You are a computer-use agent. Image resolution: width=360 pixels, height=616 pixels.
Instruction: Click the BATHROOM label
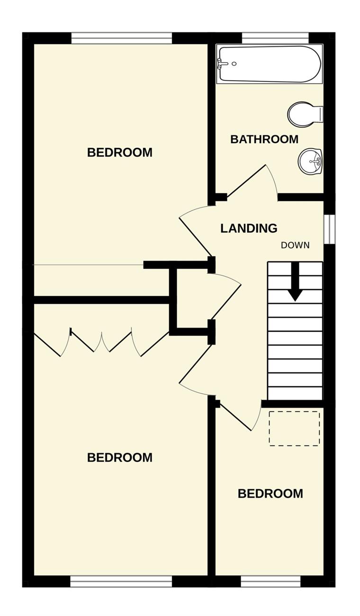tap(264, 139)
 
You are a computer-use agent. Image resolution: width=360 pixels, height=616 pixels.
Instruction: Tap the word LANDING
tap(249, 228)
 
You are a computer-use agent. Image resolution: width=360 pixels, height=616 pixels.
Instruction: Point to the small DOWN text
tap(295, 245)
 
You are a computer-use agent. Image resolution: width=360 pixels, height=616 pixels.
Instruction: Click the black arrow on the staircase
tap(295, 281)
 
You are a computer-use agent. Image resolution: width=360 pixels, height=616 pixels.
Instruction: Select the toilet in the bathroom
tap(306, 114)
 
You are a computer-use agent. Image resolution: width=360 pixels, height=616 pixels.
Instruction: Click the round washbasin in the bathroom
tap(310, 161)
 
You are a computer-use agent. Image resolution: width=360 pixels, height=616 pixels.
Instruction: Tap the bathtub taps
tap(222, 63)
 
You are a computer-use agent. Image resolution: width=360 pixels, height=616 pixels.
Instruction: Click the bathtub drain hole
tap(234, 63)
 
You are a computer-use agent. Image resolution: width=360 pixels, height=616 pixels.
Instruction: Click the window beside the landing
tap(330, 229)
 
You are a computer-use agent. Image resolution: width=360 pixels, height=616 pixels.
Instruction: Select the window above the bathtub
tap(275, 38)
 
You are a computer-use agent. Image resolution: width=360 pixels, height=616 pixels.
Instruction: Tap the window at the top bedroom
tap(122, 38)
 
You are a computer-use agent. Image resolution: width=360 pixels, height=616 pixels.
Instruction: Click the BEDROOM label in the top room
tap(120, 153)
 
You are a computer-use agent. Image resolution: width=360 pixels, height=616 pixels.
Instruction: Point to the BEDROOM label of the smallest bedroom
tap(270, 494)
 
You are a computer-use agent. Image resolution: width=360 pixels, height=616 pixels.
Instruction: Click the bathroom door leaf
tap(246, 181)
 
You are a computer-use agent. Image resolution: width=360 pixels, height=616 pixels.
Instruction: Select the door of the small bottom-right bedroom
tap(235, 418)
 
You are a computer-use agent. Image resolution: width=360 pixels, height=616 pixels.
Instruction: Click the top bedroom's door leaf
tap(195, 237)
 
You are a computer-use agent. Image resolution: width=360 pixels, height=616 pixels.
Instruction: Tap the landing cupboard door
tap(226, 302)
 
